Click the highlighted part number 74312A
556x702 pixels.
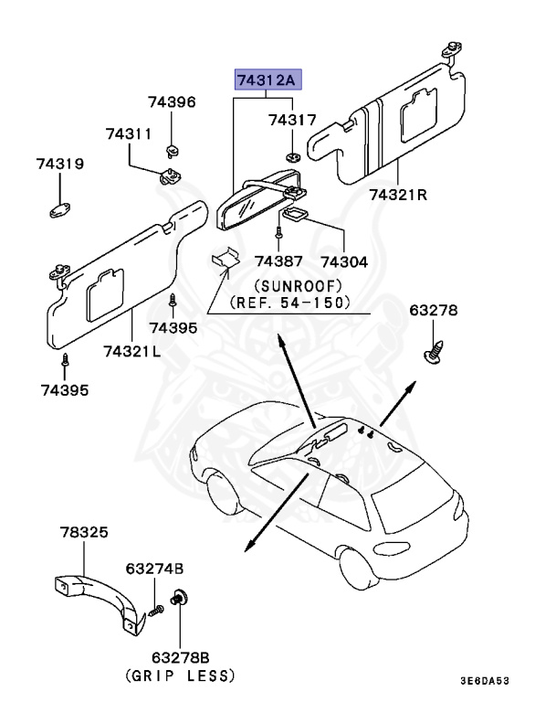(267, 81)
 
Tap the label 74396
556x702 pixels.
(173, 102)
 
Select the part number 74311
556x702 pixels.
(128, 134)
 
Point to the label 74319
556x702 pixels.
(60, 165)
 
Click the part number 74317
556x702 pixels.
(291, 120)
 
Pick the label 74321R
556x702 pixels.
(398, 195)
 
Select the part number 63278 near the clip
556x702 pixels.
(433, 311)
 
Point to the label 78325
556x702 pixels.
(83, 532)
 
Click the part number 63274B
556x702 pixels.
(153, 569)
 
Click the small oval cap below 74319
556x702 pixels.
(60, 211)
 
